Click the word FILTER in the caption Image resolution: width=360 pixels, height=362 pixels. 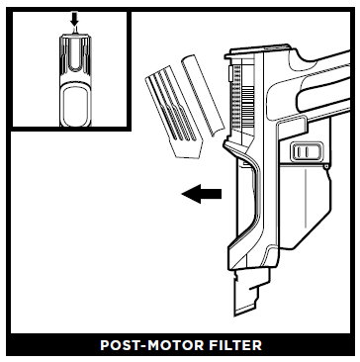(234, 346)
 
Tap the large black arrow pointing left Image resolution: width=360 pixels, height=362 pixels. (201, 195)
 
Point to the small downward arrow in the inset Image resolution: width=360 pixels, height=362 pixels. (73, 20)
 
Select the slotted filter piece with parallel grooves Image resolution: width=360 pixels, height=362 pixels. (170, 108)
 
